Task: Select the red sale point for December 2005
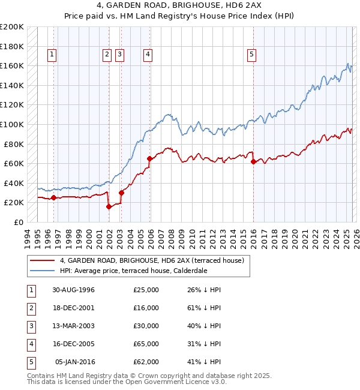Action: click(149, 158)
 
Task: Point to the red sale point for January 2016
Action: click(253, 161)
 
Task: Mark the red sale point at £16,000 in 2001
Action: click(109, 206)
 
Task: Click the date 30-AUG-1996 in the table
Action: click(73, 290)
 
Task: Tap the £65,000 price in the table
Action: click(146, 344)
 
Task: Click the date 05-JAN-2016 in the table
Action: click(75, 362)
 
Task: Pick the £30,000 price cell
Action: click(146, 326)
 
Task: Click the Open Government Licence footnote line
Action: click(127, 382)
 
